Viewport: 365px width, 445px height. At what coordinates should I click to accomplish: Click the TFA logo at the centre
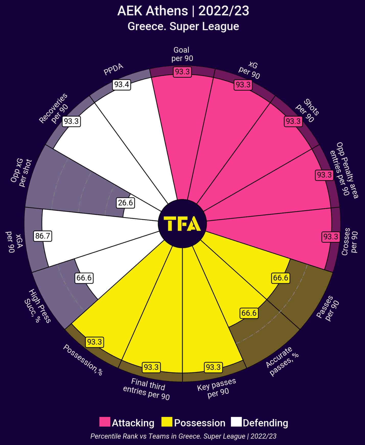[182, 224]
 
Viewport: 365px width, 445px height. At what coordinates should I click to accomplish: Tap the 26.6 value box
[125, 203]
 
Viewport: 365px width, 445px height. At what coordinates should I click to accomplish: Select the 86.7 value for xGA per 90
[43, 236]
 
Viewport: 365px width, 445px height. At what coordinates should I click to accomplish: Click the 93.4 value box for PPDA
[122, 85]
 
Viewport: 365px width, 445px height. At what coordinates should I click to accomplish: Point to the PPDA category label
[114, 69]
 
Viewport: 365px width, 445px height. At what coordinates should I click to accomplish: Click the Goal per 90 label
[182, 54]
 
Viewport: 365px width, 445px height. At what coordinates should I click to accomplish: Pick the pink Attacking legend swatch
[105, 422]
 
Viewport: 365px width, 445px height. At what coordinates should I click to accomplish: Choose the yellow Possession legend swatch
[167, 422]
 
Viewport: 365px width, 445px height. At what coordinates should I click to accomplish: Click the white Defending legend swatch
[236, 422]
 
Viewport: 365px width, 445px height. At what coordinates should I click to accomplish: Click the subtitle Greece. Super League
[183, 27]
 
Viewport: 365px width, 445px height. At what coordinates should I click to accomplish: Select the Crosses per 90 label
[350, 242]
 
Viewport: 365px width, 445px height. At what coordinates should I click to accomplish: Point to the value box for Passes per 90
[281, 278]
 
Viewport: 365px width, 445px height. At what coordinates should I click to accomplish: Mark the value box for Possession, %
[95, 342]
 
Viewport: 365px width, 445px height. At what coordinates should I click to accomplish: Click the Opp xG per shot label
[21, 173]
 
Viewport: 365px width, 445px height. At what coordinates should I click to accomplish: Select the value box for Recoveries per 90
[72, 121]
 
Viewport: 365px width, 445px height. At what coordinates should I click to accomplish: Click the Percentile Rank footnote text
[183, 436]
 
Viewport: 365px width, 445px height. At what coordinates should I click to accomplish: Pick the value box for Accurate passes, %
[249, 313]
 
